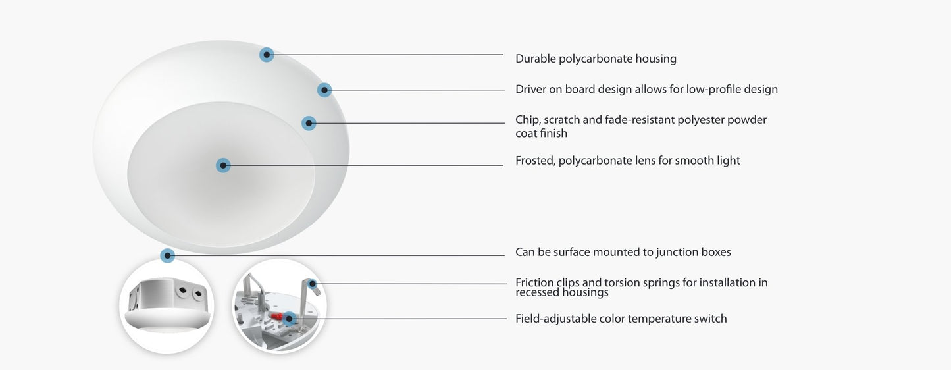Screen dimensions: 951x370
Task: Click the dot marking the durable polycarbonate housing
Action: pyautogui.click(x=267, y=55)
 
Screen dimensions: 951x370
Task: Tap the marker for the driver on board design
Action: pyautogui.click(x=324, y=90)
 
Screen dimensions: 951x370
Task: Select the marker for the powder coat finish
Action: pyautogui.click(x=309, y=124)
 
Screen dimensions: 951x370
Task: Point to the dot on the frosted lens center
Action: pyautogui.click(x=223, y=165)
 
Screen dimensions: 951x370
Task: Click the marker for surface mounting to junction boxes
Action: pyautogui.click(x=168, y=255)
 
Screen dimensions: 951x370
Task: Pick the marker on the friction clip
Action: pyautogui.click(x=313, y=284)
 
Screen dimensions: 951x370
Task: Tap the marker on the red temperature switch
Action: pyautogui.click(x=289, y=319)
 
